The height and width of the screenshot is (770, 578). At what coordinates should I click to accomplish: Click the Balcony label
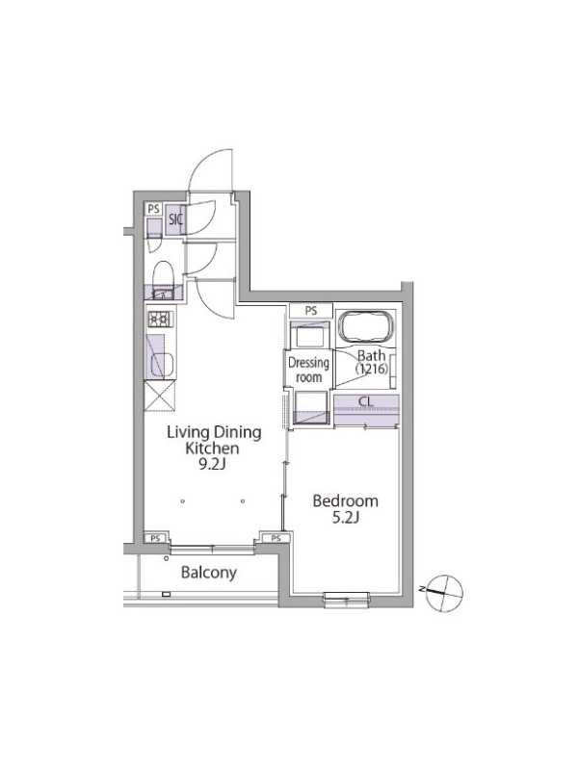click(x=209, y=573)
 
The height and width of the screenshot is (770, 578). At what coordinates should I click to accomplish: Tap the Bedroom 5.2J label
click(x=346, y=509)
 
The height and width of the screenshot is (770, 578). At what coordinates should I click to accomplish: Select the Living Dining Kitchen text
click(x=214, y=441)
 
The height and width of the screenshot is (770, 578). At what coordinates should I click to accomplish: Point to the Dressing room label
click(x=308, y=371)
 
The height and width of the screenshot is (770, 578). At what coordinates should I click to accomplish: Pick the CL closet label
click(x=366, y=401)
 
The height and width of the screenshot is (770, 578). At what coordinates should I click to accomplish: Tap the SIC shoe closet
click(x=174, y=219)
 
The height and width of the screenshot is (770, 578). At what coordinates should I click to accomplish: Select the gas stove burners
click(x=160, y=320)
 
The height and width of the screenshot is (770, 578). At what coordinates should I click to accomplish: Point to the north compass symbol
click(x=444, y=592)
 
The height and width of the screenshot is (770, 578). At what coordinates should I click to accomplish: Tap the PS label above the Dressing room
click(x=310, y=311)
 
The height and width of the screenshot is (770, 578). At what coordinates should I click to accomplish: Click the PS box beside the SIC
click(x=154, y=209)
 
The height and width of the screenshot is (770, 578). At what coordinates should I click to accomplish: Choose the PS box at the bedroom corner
click(x=276, y=538)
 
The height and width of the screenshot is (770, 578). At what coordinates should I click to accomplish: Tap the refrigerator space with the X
click(x=160, y=395)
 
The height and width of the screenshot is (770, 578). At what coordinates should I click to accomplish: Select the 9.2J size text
click(x=212, y=465)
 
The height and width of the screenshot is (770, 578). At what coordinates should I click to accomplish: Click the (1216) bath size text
click(x=372, y=369)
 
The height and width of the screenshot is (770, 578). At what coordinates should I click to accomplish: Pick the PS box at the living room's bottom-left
click(x=156, y=538)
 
